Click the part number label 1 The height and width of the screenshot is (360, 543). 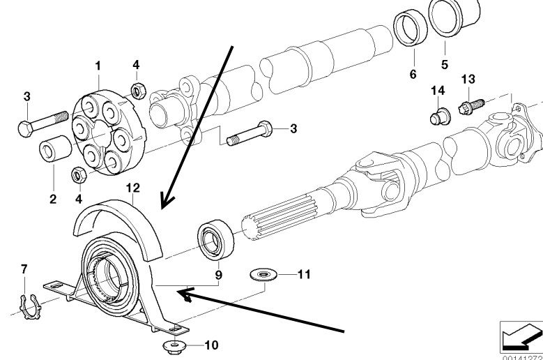pyautogui.click(x=98, y=66)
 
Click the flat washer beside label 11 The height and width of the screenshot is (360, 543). pyautogui.click(x=262, y=275)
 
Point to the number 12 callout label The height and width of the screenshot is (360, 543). pyautogui.click(x=133, y=187)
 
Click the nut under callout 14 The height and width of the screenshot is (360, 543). pyautogui.click(x=438, y=117)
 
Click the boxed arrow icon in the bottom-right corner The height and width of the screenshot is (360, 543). pyautogui.click(x=519, y=336)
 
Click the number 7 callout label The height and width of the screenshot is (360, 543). pyautogui.click(x=25, y=269)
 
